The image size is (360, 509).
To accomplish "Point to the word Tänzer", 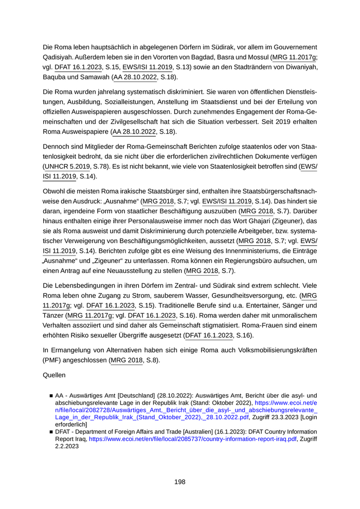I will click(53, 315).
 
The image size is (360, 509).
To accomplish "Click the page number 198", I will click(179, 482).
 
